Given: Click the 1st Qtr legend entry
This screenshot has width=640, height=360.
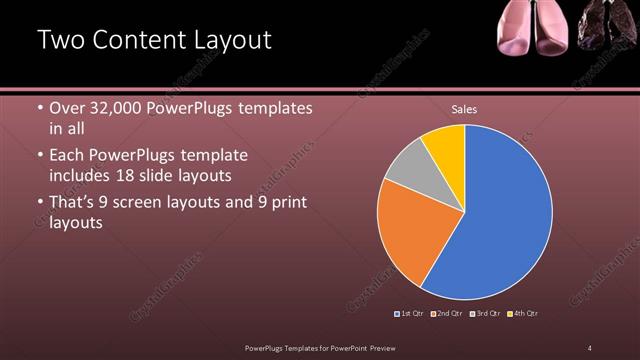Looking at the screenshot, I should [x=411, y=314].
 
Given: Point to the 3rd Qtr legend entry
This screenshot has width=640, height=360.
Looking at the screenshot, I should [x=484, y=314].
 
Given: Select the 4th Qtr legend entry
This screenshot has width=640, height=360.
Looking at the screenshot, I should [x=522, y=314].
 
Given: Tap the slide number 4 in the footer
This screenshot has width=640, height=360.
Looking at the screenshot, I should [x=590, y=347].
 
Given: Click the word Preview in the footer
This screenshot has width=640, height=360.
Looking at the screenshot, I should [x=387, y=347].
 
